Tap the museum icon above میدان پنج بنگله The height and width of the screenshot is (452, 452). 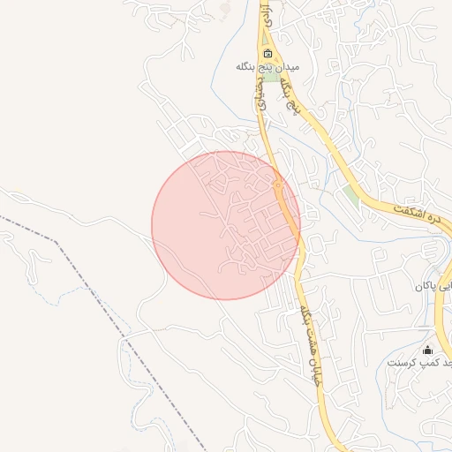click(x=267, y=53)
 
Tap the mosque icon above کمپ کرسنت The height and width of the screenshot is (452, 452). click(x=428, y=350)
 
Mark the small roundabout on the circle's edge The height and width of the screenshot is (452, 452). click(x=278, y=185)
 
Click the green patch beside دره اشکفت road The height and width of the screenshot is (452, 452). click(x=352, y=194)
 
